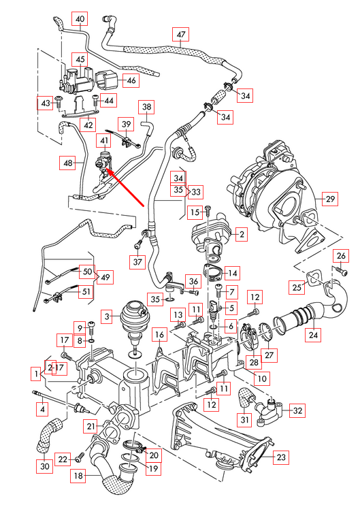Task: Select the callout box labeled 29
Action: (330, 199)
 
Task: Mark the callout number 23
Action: (280, 458)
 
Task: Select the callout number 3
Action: (107, 316)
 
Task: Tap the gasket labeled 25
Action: (314, 277)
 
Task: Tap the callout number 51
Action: (86, 293)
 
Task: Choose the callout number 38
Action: (148, 106)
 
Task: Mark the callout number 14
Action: (232, 273)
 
